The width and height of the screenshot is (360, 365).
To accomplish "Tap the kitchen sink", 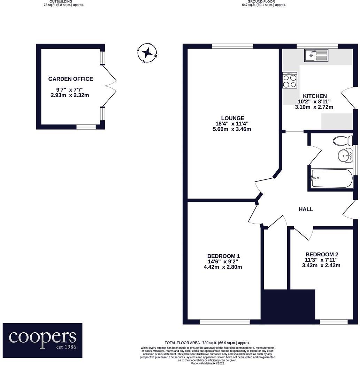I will [x=316, y=55].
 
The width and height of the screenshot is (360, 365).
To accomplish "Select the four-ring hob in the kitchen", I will [x=290, y=80].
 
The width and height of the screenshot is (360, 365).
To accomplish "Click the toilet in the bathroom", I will [x=343, y=141].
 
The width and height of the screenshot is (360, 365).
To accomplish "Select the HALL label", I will [x=306, y=209].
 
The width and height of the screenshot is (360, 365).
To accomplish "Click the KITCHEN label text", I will [x=314, y=96].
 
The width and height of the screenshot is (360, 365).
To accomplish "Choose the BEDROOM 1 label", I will [x=223, y=256].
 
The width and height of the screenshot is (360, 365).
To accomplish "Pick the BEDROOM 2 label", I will [x=322, y=255].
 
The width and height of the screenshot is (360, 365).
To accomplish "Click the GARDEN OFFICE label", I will [x=70, y=79].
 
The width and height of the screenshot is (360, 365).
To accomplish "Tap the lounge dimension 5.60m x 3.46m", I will [x=232, y=129].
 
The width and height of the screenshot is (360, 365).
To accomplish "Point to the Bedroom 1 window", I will [x=225, y=322].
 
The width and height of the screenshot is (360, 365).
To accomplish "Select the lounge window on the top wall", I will [x=232, y=46].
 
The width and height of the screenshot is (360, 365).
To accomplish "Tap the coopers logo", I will [x=43, y=340].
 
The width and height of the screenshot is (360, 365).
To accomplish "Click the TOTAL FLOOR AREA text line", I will [x=207, y=343].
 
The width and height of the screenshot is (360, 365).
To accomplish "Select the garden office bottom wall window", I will [x=86, y=127].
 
